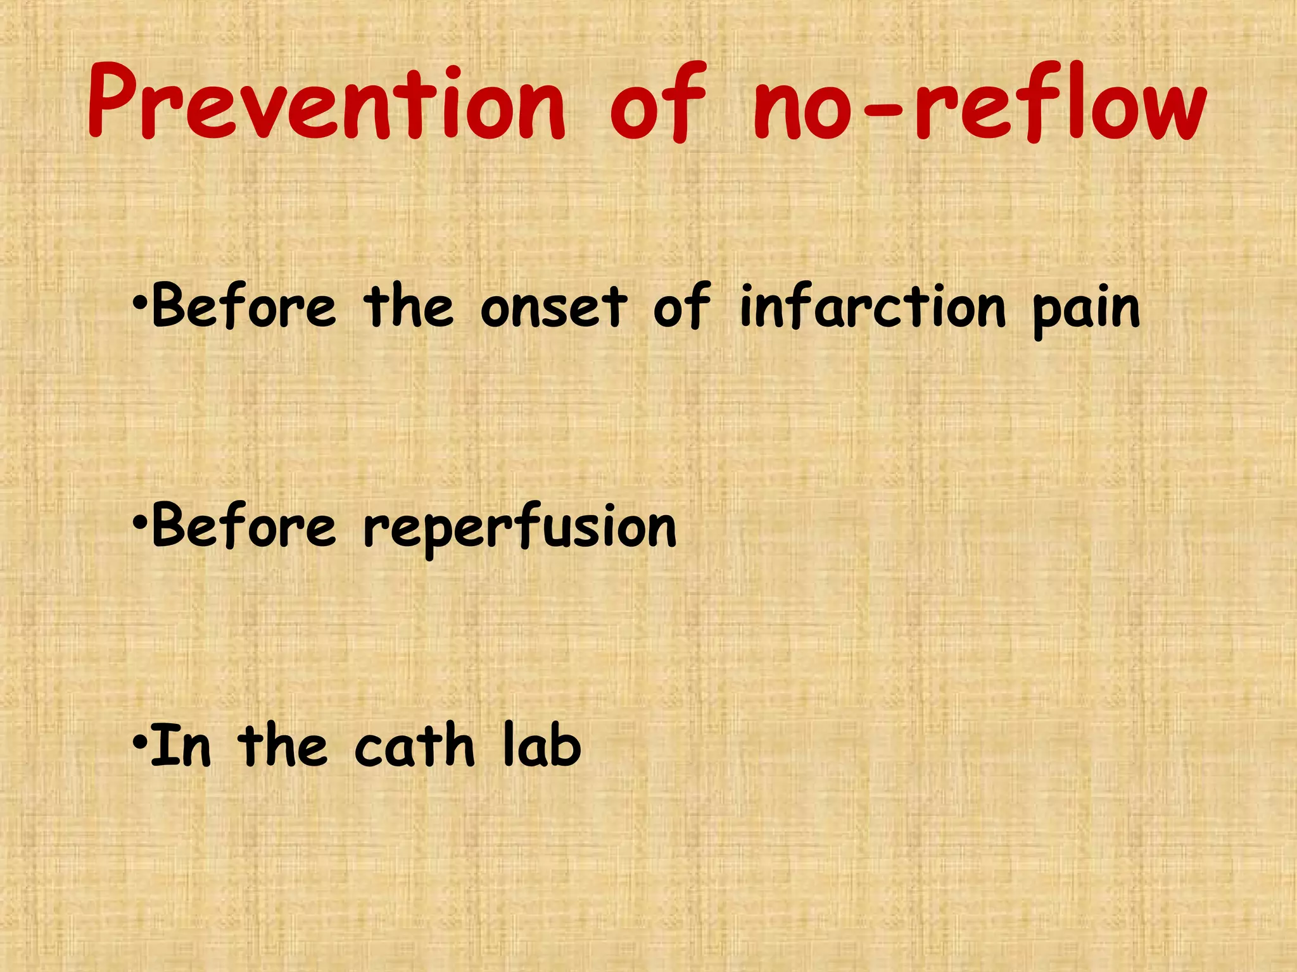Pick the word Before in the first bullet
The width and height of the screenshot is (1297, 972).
point(244,307)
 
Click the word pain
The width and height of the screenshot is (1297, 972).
point(1085,310)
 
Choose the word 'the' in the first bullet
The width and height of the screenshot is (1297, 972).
point(408,307)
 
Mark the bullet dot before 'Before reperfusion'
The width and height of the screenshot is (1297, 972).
point(140,525)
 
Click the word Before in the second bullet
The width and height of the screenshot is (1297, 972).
point(244,526)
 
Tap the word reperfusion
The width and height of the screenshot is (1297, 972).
point(520,528)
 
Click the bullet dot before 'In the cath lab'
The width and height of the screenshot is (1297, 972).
point(140,744)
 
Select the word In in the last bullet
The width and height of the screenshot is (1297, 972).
point(181,746)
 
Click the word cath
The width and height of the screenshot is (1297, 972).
point(414,746)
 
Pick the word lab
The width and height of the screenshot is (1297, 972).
point(541,746)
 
